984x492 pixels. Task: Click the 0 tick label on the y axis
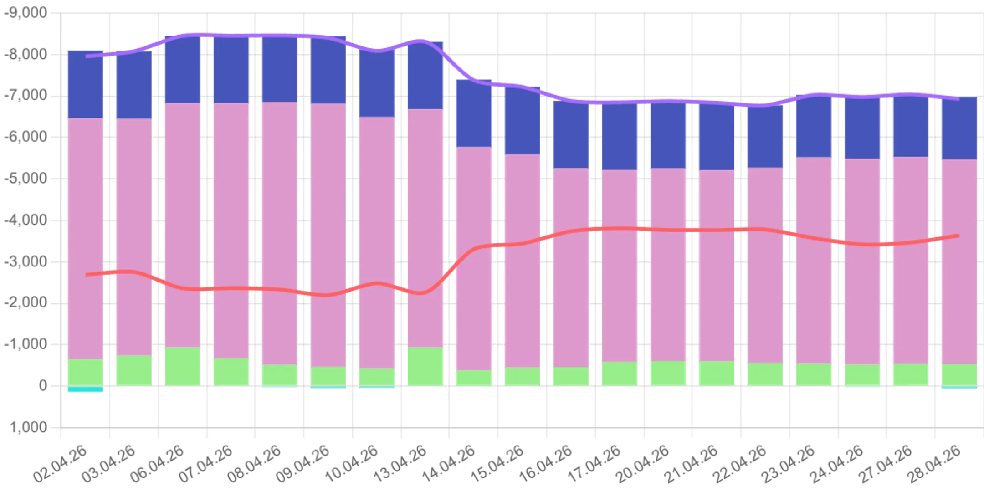coord(42,387)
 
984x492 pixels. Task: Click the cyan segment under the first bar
coord(86,389)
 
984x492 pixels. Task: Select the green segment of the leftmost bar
coord(86,373)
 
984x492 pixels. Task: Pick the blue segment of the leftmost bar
coord(86,83)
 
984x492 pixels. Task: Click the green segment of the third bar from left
coord(183,367)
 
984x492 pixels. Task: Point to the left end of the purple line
coord(87,56)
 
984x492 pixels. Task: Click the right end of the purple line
coord(958,98)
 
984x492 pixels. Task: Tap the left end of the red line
coord(87,275)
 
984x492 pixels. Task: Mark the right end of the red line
coord(958,236)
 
